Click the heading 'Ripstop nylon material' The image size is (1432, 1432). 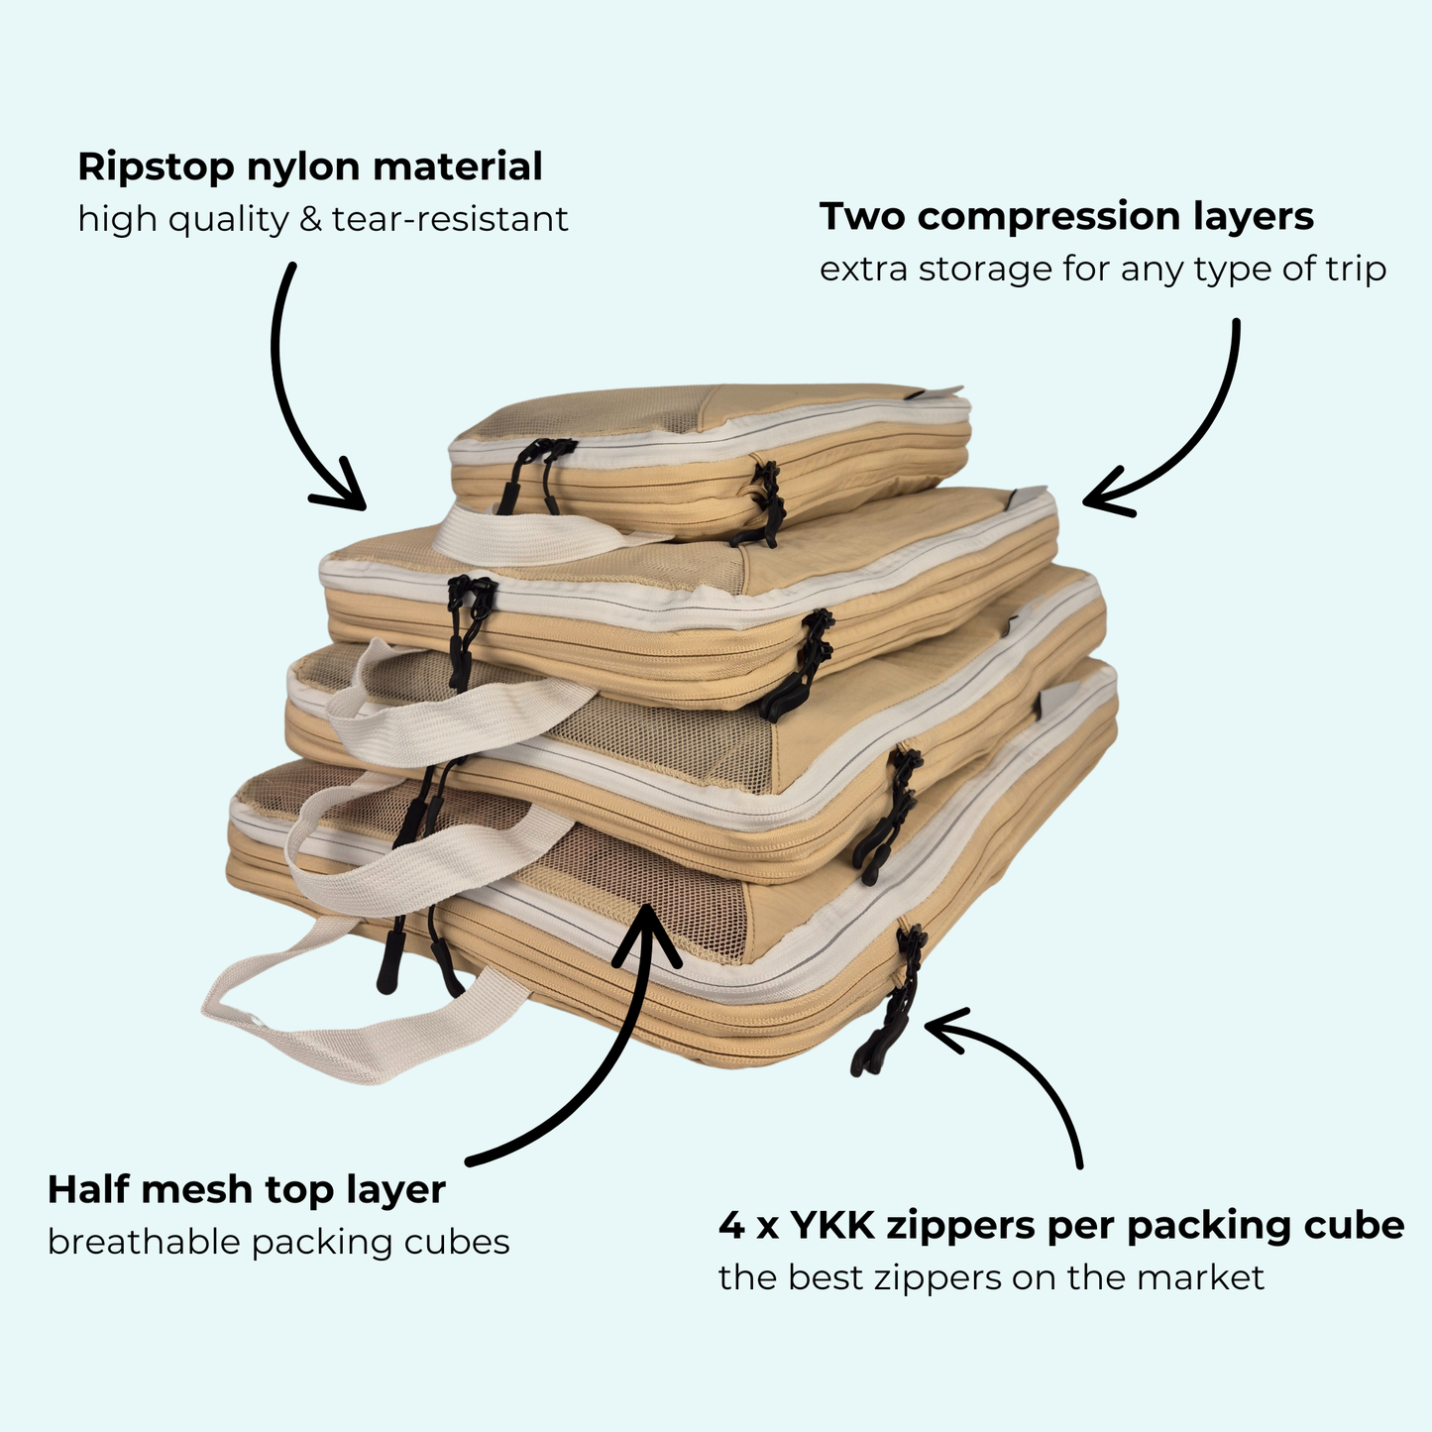click(309, 166)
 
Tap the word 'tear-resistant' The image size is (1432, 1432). click(450, 219)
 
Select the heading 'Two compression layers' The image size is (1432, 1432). click(1066, 216)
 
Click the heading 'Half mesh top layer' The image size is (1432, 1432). click(246, 1188)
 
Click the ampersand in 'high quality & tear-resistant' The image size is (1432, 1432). click(311, 219)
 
